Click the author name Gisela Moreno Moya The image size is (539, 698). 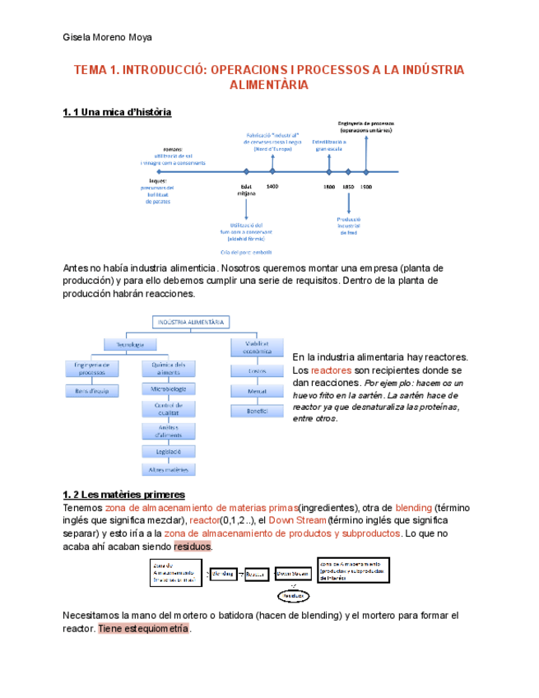[x=108, y=37]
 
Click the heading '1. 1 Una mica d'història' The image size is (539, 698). [x=117, y=112]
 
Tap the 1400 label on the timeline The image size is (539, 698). [x=272, y=187]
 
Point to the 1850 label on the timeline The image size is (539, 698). [x=348, y=187]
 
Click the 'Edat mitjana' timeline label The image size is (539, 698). [x=246, y=190]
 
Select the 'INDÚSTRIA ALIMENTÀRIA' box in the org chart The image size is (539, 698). [x=189, y=323]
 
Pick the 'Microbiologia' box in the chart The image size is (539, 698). [x=169, y=388]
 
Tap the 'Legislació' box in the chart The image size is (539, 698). [x=169, y=451]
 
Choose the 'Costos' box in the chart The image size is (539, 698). [x=258, y=371]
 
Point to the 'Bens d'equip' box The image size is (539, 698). [x=93, y=391]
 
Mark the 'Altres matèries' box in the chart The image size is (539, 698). [x=169, y=470]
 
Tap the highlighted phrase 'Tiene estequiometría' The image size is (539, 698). [x=144, y=629]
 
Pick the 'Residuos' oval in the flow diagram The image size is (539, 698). [x=295, y=595]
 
